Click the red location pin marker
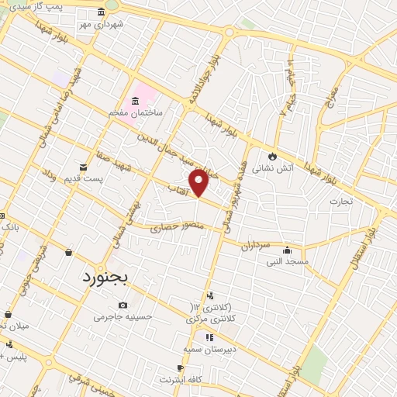(199, 181)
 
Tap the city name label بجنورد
(109, 275)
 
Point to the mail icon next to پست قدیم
(82, 167)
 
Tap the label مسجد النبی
(287, 262)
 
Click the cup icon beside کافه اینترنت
(180, 368)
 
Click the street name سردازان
(254, 245)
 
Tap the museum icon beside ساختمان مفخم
(135, 100)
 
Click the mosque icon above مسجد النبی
(287, 250)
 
